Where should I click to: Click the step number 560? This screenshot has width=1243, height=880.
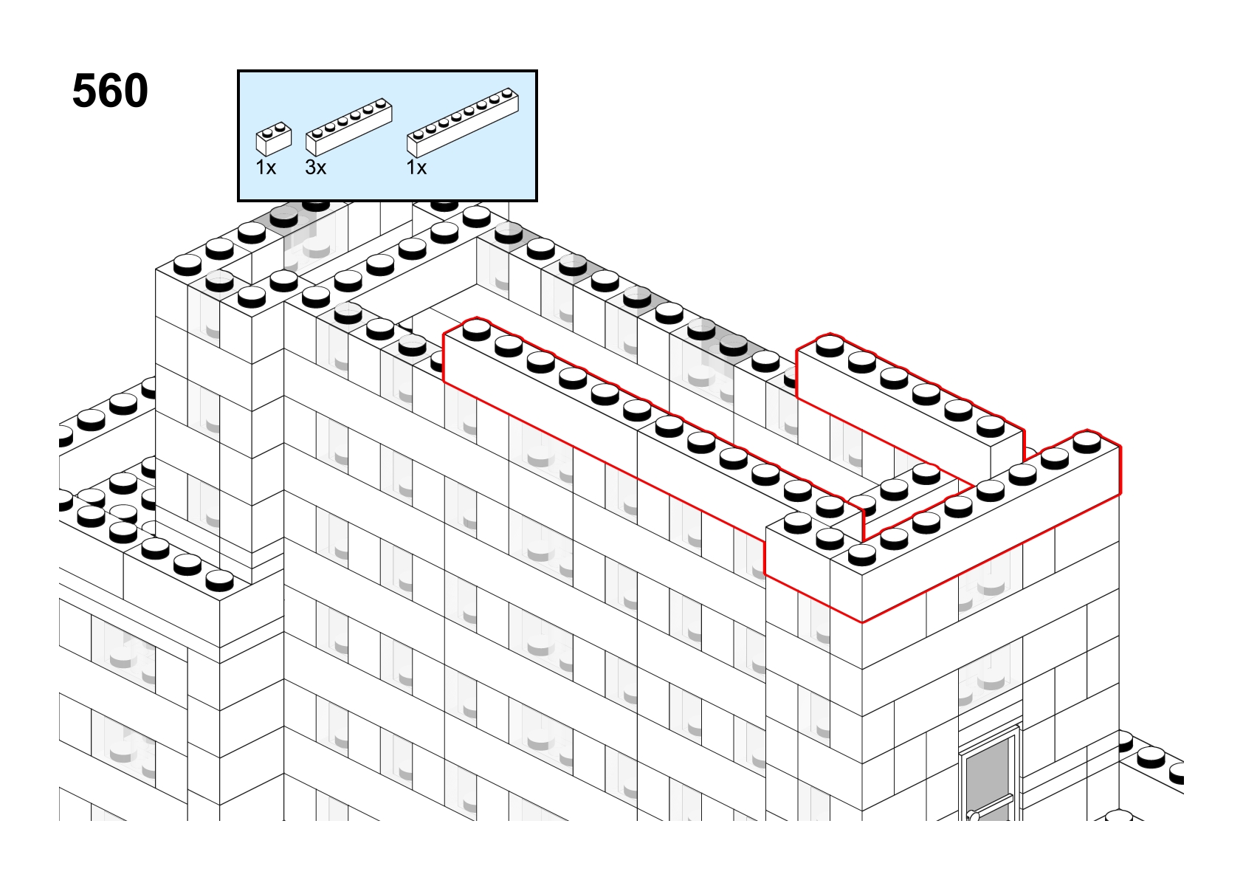pos(110,91)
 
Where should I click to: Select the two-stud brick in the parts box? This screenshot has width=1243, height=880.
pos(274,139)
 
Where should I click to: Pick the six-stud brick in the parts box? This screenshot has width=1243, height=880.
pos(349,127)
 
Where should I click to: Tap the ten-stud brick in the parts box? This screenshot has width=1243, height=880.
pos(463,123)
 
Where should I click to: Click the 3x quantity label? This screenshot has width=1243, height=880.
pos(315,167)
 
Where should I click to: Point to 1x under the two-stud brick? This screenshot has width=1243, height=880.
pos(266,167)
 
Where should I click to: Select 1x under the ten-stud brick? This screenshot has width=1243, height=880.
pos(416,167)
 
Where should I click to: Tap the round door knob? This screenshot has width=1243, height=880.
pos(973,816)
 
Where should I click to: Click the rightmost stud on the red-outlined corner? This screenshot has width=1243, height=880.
pos(1087,441)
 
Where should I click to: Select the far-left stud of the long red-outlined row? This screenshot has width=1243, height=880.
pos(477,330)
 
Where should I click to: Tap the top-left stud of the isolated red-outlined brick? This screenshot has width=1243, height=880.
pos(830,346)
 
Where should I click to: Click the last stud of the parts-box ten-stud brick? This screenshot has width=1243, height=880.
pos(507,93)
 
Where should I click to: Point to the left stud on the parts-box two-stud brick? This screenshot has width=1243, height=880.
pos(267,133)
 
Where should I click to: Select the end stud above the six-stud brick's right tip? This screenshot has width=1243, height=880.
pos(381,103)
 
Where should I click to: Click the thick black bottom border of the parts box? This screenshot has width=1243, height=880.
pos(388,200)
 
